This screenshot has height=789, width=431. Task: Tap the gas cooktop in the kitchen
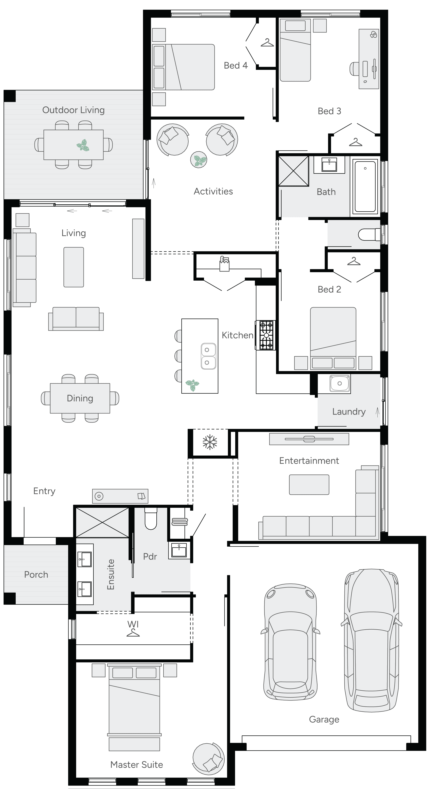pyautogui.click(x=266, y=335)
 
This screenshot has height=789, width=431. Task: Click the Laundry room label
pyautogui.click(x=349, y=412)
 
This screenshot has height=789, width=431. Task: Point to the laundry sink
pyautogui.click(x=339, y=384)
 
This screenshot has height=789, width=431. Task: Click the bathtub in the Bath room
pyautogui.click(x=365, y=186)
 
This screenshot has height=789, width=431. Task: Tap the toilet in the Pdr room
pyautogui.click(x=151, y=519)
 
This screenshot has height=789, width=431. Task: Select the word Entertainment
pyautogui.click(x=309, y=461)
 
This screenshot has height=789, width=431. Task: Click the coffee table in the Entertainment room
pyautogui.click(x=309, y=485)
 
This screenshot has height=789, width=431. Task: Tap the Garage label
pyautogui.click(x=324, y=719)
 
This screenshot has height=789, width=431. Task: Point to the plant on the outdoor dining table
pyautogui.click(x=83, y=145)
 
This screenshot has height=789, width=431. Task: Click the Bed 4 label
pyautogui.click(x=235, y=66)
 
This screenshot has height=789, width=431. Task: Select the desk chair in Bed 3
pyautogui.click(x=354, y=69)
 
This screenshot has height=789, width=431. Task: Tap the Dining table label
pyautogui.click(x=80, y=398)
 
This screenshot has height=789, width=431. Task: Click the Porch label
pyautogui.click(x=36, y=575)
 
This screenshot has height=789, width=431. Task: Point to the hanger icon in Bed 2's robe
pyautogui.click(x=354, y=261)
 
